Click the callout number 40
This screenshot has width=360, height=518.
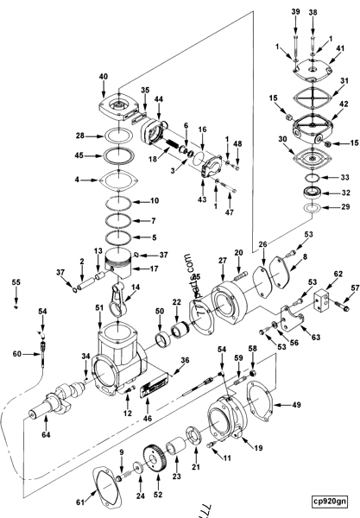(x=128, y=77)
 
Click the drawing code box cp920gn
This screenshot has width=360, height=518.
(x=331, y=499)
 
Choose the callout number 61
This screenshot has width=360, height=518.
(x=81, y=499)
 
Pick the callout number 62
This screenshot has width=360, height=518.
(x=314, y=275)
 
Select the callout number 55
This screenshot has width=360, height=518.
(x=15, y=282)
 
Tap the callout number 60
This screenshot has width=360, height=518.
(x=16, y=353)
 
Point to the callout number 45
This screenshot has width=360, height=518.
(x=80, y=156)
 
